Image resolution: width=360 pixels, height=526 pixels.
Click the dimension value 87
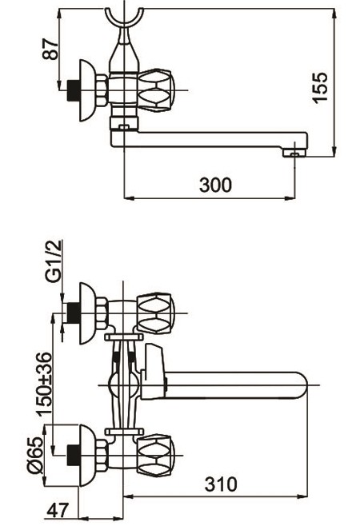(x=50, y=50)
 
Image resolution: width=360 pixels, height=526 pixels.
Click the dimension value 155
(x=319, y=87)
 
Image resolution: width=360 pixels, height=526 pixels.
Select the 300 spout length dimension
(x=215, y=185)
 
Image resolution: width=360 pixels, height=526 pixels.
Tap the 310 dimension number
(x=221, y=484)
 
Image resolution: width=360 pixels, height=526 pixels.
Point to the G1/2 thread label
(x=54, y=261)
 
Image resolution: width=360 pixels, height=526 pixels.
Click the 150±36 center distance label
(x=45, y=384)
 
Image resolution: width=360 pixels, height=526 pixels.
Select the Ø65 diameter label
(x=35, y=455)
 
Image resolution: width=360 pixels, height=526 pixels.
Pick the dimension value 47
(x=58, y=511)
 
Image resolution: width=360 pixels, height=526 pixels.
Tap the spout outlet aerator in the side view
(x=294, y=153)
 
